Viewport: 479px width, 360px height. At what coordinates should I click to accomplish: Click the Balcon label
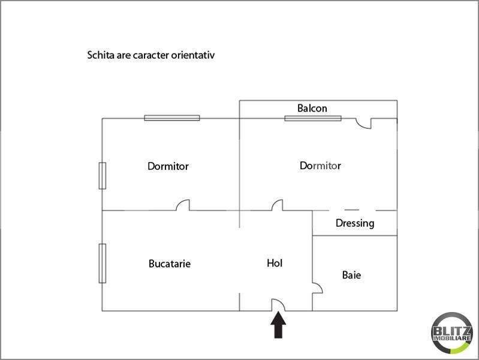coord(312,108)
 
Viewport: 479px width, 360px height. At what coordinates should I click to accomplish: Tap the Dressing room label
coord(355,223)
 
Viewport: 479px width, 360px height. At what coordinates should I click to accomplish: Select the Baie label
coord(351,275)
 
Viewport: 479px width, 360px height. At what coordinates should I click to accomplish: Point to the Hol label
coord(275,263)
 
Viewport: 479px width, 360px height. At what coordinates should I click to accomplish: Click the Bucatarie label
coord(170,263)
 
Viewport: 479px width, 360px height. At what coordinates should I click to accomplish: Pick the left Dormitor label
coord(168,166)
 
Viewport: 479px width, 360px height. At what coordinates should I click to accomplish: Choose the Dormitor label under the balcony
coord(320,166)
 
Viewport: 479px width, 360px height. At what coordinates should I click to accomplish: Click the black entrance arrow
coord(278,325)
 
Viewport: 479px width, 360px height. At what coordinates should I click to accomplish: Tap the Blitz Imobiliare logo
coord(452,333)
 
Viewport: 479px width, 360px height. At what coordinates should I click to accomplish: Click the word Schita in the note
coord(101,55)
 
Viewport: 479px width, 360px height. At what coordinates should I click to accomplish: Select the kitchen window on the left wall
coord(103,263)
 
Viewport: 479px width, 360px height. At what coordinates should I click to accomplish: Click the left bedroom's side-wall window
coord(103,176)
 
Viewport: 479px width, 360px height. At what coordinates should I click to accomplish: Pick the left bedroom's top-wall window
coord(172,118)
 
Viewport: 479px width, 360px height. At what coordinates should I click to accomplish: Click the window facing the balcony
coord(313,118)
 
